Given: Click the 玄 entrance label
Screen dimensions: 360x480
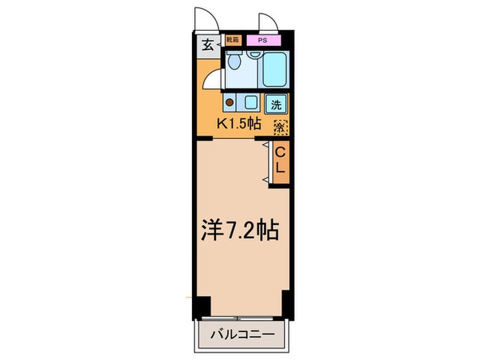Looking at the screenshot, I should [206, 47].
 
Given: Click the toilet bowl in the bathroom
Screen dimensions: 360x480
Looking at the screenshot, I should [234, 63].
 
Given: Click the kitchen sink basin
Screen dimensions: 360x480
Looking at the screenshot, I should [250, 104].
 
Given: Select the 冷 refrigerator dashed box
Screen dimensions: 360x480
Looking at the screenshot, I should [280, 127].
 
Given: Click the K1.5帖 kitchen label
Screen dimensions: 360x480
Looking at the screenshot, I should [239, 125].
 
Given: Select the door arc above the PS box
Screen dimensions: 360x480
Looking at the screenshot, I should [268, 21].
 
